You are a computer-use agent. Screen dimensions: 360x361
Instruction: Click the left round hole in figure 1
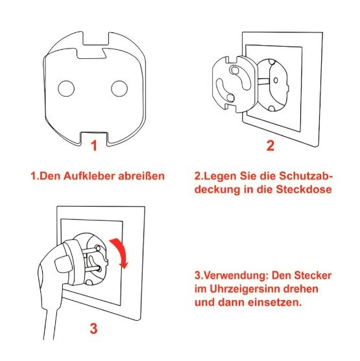pyautogui.click(x=66, y=89)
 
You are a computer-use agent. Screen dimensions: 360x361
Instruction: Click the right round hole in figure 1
pyautogui.click(x=119, y=89)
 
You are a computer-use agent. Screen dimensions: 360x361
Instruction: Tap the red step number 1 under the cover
pyautogui.click(x=94, y=146)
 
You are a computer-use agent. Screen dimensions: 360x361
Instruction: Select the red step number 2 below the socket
pyautogui.click(x=270, y=146)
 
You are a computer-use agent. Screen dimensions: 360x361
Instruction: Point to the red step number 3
pyautogui.click(x=93, y=329)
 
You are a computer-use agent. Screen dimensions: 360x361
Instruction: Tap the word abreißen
pyautogui.click(x=141, y=176)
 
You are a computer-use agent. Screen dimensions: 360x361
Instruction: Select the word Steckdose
pyautogui.click(x=304, y=189)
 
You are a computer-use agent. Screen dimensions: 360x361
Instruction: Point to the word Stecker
pyautogui.click(x=313, y=275)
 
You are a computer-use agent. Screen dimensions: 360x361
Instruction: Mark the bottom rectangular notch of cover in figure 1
pyautogui.click(x=94, y=139)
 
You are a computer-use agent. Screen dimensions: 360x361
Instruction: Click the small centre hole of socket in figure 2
pyautogui.click(x=276, y=80)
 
